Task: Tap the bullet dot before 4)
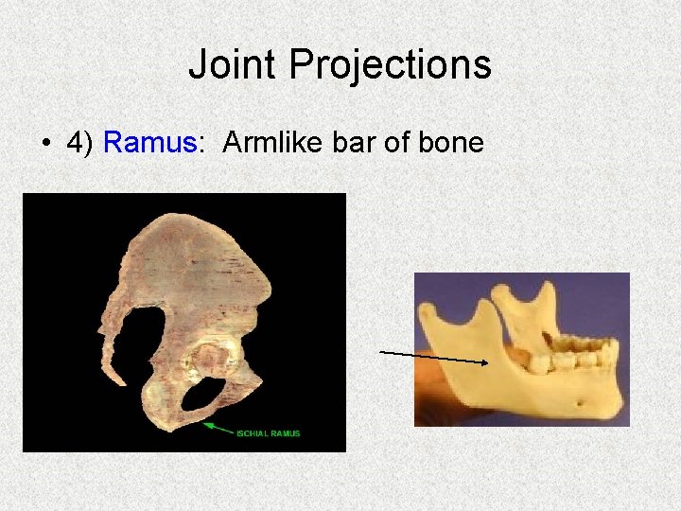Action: (x=46, y=144)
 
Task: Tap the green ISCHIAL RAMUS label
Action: (x=269, y=433)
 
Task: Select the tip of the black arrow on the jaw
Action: (x=487, y=361)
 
